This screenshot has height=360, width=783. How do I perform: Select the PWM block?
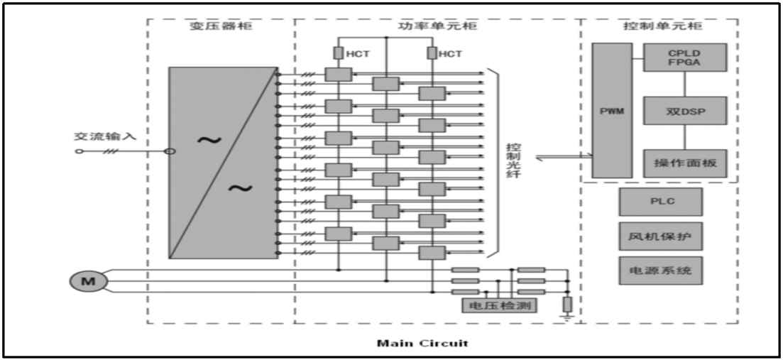[x=611, y=110]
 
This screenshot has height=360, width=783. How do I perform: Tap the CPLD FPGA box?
[x=685, y=57]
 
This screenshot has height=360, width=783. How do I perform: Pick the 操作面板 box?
[x=685, y=163]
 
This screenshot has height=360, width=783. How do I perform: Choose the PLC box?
[x=660, y=201]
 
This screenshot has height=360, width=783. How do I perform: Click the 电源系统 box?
[x=660, y=270]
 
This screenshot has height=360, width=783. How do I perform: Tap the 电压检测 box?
[x=498, y=305]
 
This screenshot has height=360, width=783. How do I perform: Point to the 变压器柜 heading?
[x=221, y=26]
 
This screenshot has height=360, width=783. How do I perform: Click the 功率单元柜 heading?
[x=437, y=26]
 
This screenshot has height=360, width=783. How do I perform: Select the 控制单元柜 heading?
[x=659, y=26]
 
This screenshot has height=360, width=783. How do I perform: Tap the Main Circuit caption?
[x=422, y=344]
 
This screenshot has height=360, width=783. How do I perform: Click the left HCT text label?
[x=356, y=53]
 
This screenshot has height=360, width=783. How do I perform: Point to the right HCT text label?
[x=450, y=53]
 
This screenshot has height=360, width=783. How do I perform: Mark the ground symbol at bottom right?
[x=566, y=316]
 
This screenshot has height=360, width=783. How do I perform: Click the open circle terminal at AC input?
[x=79, y=151]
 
